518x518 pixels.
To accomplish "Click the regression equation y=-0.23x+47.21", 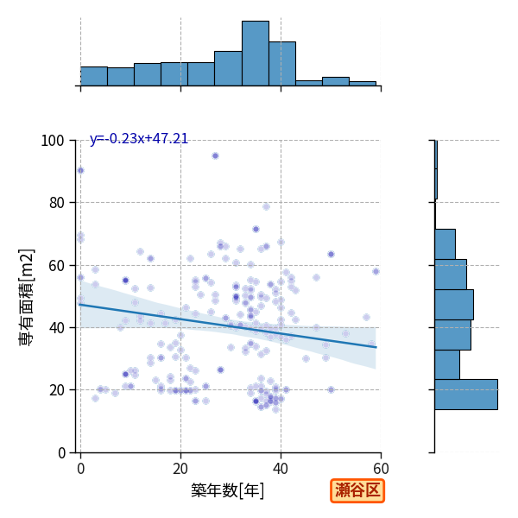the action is click(139, 138).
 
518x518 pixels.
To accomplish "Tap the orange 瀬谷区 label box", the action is click(357, 490).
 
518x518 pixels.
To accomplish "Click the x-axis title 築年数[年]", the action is click(228, 490).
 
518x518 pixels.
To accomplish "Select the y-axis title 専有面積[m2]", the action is click(27, 297).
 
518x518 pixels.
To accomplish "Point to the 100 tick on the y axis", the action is click(52, 141).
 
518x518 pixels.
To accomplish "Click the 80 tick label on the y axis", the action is click(56, 203).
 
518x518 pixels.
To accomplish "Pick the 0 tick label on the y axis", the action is click(61, 453).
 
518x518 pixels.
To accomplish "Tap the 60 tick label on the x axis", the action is click(381, 469).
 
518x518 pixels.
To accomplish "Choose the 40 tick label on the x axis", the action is click(281, 469).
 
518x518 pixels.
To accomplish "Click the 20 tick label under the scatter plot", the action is click(180, 469).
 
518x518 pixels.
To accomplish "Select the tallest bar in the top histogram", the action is click(256, 54).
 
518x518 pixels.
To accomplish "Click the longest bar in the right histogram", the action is click(466, 395).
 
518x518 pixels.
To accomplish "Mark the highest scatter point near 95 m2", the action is click(215, 156).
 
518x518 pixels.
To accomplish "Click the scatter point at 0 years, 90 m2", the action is click(80, 170).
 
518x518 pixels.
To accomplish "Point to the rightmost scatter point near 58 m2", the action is click(376, 272).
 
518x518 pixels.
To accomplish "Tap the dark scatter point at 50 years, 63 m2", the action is click(331, 254).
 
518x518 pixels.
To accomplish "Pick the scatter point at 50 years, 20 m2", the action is click(331, 390).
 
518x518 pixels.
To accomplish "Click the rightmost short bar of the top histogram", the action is click(363, 84).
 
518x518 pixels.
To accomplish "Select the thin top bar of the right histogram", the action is click(436, 169).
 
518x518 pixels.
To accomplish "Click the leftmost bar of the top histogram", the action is click(94, 76).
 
